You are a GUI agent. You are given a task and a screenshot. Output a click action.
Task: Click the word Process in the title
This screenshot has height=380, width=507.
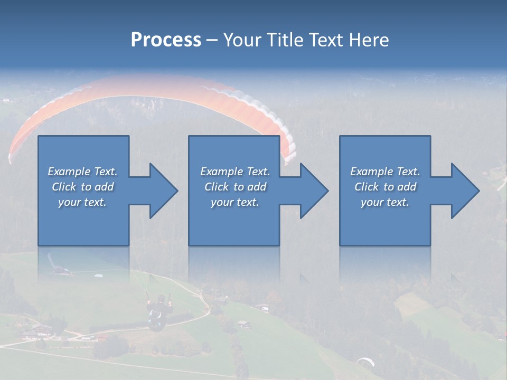166,40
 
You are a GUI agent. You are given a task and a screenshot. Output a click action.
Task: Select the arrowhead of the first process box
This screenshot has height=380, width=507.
164,191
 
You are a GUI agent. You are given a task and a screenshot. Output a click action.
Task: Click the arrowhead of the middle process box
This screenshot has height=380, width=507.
314,191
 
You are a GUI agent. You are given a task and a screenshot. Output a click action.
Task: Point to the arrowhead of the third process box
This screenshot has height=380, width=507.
465,191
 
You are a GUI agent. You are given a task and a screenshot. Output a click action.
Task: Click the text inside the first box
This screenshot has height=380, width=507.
82,187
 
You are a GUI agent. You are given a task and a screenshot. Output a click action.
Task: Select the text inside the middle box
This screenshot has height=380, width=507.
235,187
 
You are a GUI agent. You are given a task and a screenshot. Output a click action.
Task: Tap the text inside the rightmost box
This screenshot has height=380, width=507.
385,187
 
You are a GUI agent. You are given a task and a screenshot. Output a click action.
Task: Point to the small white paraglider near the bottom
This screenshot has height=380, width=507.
365,362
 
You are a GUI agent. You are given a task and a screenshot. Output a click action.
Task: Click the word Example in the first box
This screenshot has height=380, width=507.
69,172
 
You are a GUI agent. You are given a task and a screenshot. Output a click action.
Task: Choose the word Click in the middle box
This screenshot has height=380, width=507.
216,187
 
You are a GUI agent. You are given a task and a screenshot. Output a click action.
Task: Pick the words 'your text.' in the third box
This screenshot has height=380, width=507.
385,202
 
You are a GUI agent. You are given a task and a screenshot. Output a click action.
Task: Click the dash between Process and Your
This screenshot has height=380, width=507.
212,40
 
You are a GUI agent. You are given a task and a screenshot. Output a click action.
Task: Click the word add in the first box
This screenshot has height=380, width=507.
105,187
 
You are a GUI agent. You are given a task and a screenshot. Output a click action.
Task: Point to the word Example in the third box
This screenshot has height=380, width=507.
372,172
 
